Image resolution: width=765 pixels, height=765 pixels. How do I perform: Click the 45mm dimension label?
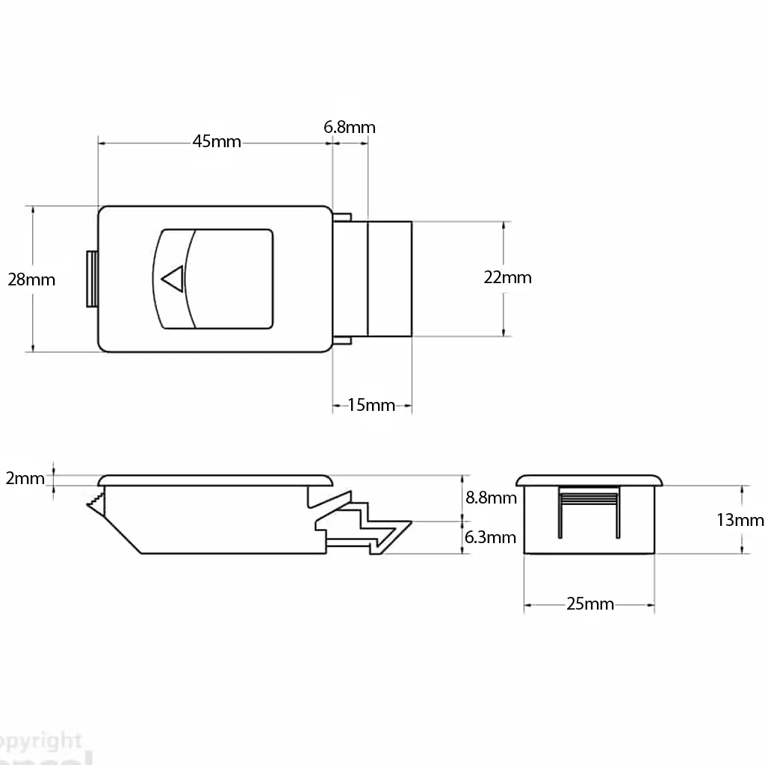(x=217, y=141)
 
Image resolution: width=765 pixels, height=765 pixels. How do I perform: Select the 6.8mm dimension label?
(x=350, y=127)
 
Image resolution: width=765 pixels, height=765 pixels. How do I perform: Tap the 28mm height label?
(x=31, y=279)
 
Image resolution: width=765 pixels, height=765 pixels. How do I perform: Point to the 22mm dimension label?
(x=508, y=277)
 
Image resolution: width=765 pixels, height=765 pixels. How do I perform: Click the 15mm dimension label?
(x=371, y=406)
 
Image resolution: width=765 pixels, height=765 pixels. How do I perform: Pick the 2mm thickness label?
(x=25, y=479)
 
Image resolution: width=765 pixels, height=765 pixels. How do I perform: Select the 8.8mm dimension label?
(x=491, y=498)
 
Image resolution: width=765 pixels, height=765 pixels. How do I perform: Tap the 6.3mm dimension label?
(x=491, y=536)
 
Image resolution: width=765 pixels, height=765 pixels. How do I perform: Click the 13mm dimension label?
(x=740, y=520)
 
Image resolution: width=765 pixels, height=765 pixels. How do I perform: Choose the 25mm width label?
(x=589, y=604)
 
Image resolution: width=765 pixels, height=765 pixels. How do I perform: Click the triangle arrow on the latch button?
(x=173, y=279)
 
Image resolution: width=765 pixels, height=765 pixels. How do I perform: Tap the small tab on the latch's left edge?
(x=91, y=279)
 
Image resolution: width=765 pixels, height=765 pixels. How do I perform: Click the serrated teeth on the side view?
(x=95, y=502)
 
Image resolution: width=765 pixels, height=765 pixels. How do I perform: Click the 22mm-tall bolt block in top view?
(x=390, y=278)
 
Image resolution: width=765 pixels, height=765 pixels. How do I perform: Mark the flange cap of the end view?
(x=590, y=479)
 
